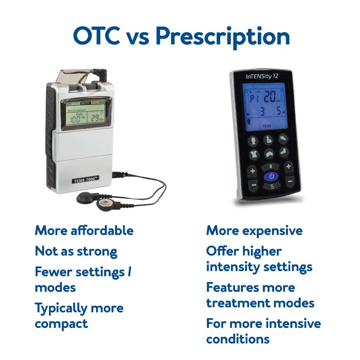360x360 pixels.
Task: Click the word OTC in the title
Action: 96,36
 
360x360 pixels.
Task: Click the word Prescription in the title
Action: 223,38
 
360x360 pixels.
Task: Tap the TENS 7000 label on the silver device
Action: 85,180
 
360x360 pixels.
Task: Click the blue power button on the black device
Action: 271,176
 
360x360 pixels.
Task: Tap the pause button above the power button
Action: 270,167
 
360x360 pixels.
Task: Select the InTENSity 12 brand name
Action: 262,76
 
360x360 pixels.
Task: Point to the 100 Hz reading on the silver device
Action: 77,119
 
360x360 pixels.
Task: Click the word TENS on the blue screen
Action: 267,126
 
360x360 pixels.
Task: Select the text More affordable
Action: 84,230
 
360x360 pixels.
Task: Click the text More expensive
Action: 255,231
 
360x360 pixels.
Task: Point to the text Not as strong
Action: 76,252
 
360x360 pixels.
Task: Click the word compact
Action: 61,324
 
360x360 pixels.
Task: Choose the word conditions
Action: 238,339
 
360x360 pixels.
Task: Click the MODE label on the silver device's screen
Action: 85,103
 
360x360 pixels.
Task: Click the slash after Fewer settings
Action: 130,271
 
